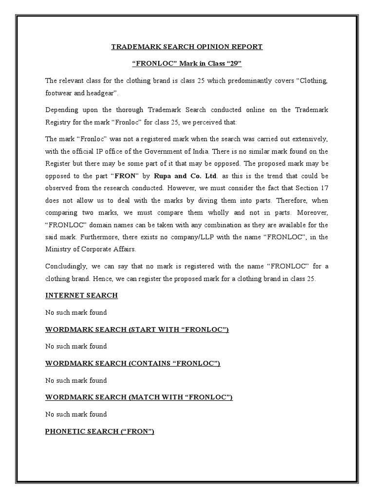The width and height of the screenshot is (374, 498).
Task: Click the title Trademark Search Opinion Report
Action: click(x=187, y=47)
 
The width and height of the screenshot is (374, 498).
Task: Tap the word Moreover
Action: click(x=311, y=212)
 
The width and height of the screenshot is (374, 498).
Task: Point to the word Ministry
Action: click(x=58, y=249)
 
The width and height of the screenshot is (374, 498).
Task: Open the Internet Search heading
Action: click(x=81, y=295)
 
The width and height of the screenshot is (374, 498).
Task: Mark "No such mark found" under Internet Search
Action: click(x=76, y=312)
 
